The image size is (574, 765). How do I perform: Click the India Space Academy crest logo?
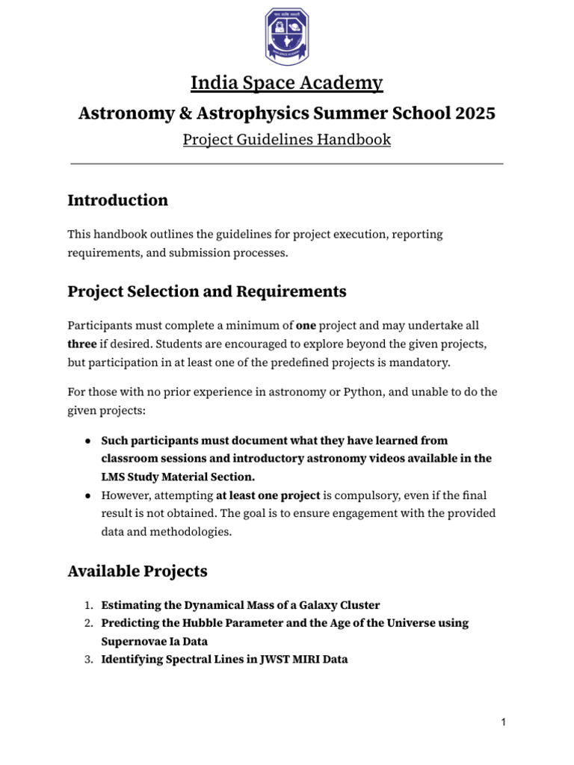click(x=287, y=37)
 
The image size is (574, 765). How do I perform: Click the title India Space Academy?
click(x=287, y=83)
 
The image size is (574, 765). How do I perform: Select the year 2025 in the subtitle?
click(x=474, y=114)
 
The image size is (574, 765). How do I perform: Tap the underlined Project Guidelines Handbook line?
click(x=287, y=140)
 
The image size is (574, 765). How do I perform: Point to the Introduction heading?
click(x=117, y=200)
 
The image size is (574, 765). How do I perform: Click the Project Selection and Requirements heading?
click(x=207, y=291)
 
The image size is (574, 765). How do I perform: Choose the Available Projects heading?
click(x=138, y=572)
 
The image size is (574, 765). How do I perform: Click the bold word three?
click(x=82, y=344)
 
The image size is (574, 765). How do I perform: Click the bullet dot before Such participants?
click(x=88, y=441)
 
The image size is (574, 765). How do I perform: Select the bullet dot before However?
click(x=88, y=495)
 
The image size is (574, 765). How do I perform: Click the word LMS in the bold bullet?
click(x=114, y=477)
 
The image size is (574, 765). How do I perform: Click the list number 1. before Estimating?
click(x=87, y=605)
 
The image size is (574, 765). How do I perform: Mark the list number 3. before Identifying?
click(x=87, y=659)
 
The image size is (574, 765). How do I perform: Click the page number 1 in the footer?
click(x=504, y=722)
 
